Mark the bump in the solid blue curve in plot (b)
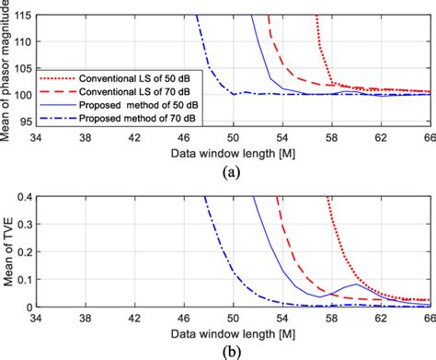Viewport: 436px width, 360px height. pyautogui.click(x=357, y=285)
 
